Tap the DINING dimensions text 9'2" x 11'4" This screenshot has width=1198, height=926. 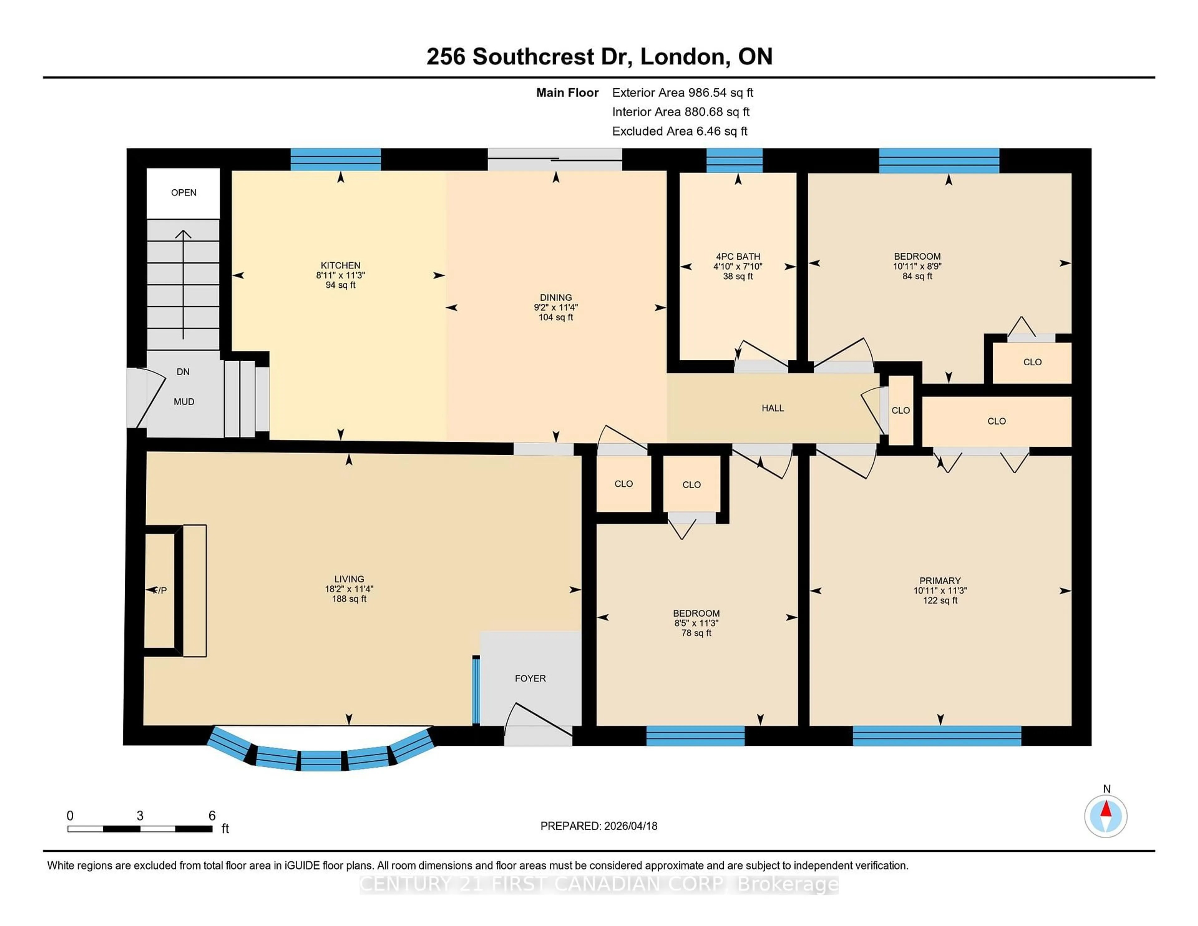556,308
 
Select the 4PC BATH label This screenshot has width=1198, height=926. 738,256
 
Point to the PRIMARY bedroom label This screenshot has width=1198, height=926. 940,580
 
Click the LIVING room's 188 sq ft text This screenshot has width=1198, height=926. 349,598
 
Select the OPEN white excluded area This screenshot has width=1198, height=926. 183,193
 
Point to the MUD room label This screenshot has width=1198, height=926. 184,402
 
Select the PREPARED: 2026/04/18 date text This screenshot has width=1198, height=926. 598,826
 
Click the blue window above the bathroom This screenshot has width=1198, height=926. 734,160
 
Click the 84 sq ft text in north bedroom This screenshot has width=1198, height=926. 917,276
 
